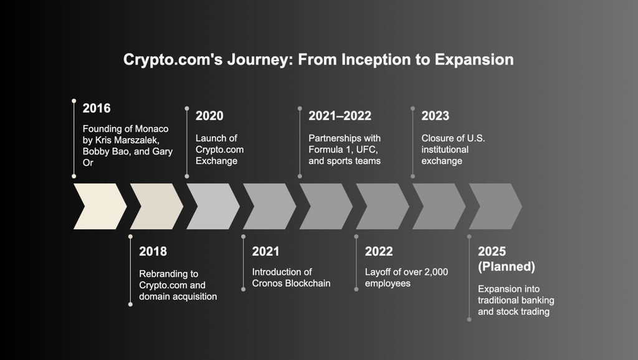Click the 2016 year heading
point(97,108)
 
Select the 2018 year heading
point(153,252)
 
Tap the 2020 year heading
point(209,116)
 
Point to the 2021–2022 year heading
point(340,116)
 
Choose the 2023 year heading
point(435,116)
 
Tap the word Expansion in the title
point(474,60)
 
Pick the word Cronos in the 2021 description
point(266,283)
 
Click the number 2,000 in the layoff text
point(436,272)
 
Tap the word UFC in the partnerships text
point(367,149)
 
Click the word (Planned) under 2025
point(506,267)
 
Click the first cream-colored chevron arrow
point(100,206)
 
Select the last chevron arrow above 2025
point(495,206)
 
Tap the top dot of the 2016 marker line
point(74,101)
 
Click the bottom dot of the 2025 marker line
point(469,320)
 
